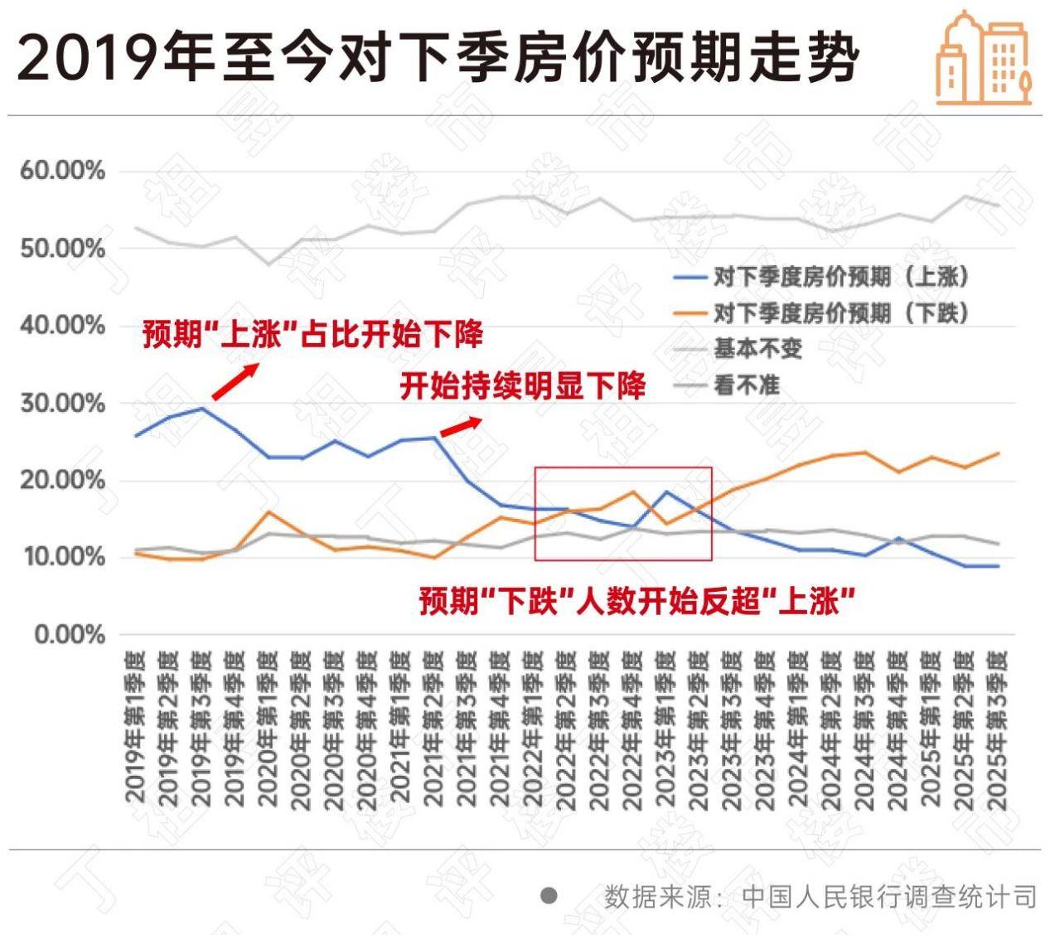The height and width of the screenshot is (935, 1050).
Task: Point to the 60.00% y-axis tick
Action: pos(63,172)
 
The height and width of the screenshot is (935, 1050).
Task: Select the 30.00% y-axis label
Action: pos(63,404)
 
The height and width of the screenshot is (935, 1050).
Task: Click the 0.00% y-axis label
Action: pos(70,635)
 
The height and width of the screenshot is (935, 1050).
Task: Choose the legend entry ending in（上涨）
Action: pos(840,277)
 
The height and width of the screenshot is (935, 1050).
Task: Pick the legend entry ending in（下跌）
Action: pos(840,312)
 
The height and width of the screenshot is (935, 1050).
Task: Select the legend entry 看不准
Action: pos(746,385)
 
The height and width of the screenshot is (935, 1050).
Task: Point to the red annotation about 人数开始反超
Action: pos(636,600)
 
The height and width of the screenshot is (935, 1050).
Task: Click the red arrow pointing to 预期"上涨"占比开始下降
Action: pos(235,381)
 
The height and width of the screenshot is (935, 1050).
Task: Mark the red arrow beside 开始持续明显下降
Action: pos(460,426)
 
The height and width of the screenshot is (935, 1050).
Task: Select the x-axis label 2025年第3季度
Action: pos(997,729)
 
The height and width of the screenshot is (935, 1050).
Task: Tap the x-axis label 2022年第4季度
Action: pos(632,729)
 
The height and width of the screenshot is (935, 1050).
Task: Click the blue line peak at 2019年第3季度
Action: pos(202,409)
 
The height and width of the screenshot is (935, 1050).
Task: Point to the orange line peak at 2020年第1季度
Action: pos(268,512)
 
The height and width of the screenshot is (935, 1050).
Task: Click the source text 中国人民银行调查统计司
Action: pos(889,897)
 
